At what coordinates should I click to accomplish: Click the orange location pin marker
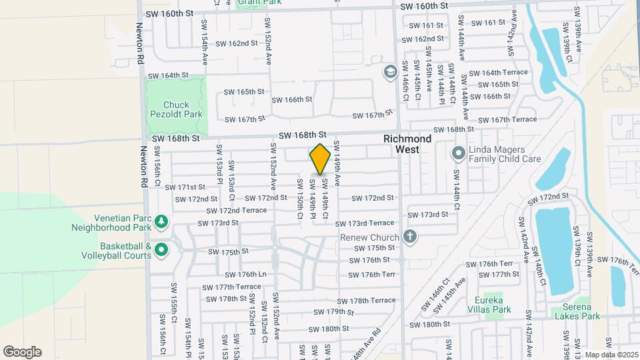click(x=320, y=159)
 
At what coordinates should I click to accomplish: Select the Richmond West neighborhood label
click(x=407, y=144)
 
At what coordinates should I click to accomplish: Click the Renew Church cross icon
click(x=409, y=237)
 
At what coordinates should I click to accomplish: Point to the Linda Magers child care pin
click(x=458, y=154)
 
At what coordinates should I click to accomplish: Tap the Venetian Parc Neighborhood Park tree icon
click(x=161, y=221)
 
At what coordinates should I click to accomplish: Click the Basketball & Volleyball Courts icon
click(x=161, y=250)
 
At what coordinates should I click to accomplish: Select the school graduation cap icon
click(x=389, y=71)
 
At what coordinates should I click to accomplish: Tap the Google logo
click(x=22, y=352)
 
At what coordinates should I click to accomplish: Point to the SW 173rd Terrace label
click(x=365, y=223)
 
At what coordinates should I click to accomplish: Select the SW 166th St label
click(x=292, y=99)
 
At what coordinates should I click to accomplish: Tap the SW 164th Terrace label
click(x=499, y=73)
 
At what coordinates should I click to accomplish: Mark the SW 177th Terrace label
click(x=233, y=287)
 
